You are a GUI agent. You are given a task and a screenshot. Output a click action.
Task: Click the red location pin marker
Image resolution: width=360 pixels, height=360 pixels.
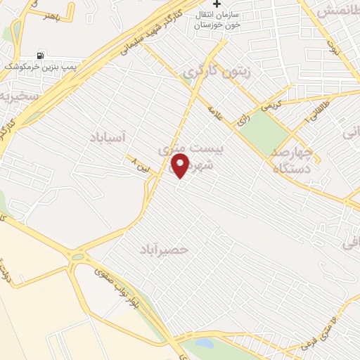coord(181,166)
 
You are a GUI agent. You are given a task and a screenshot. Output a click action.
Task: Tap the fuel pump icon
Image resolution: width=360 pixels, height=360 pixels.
coord(40,55)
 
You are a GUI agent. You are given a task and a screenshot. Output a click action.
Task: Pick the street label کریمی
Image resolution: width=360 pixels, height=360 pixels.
coord(270,106)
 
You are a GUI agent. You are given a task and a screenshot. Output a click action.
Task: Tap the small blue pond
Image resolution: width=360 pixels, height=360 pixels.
coord(204,342)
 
